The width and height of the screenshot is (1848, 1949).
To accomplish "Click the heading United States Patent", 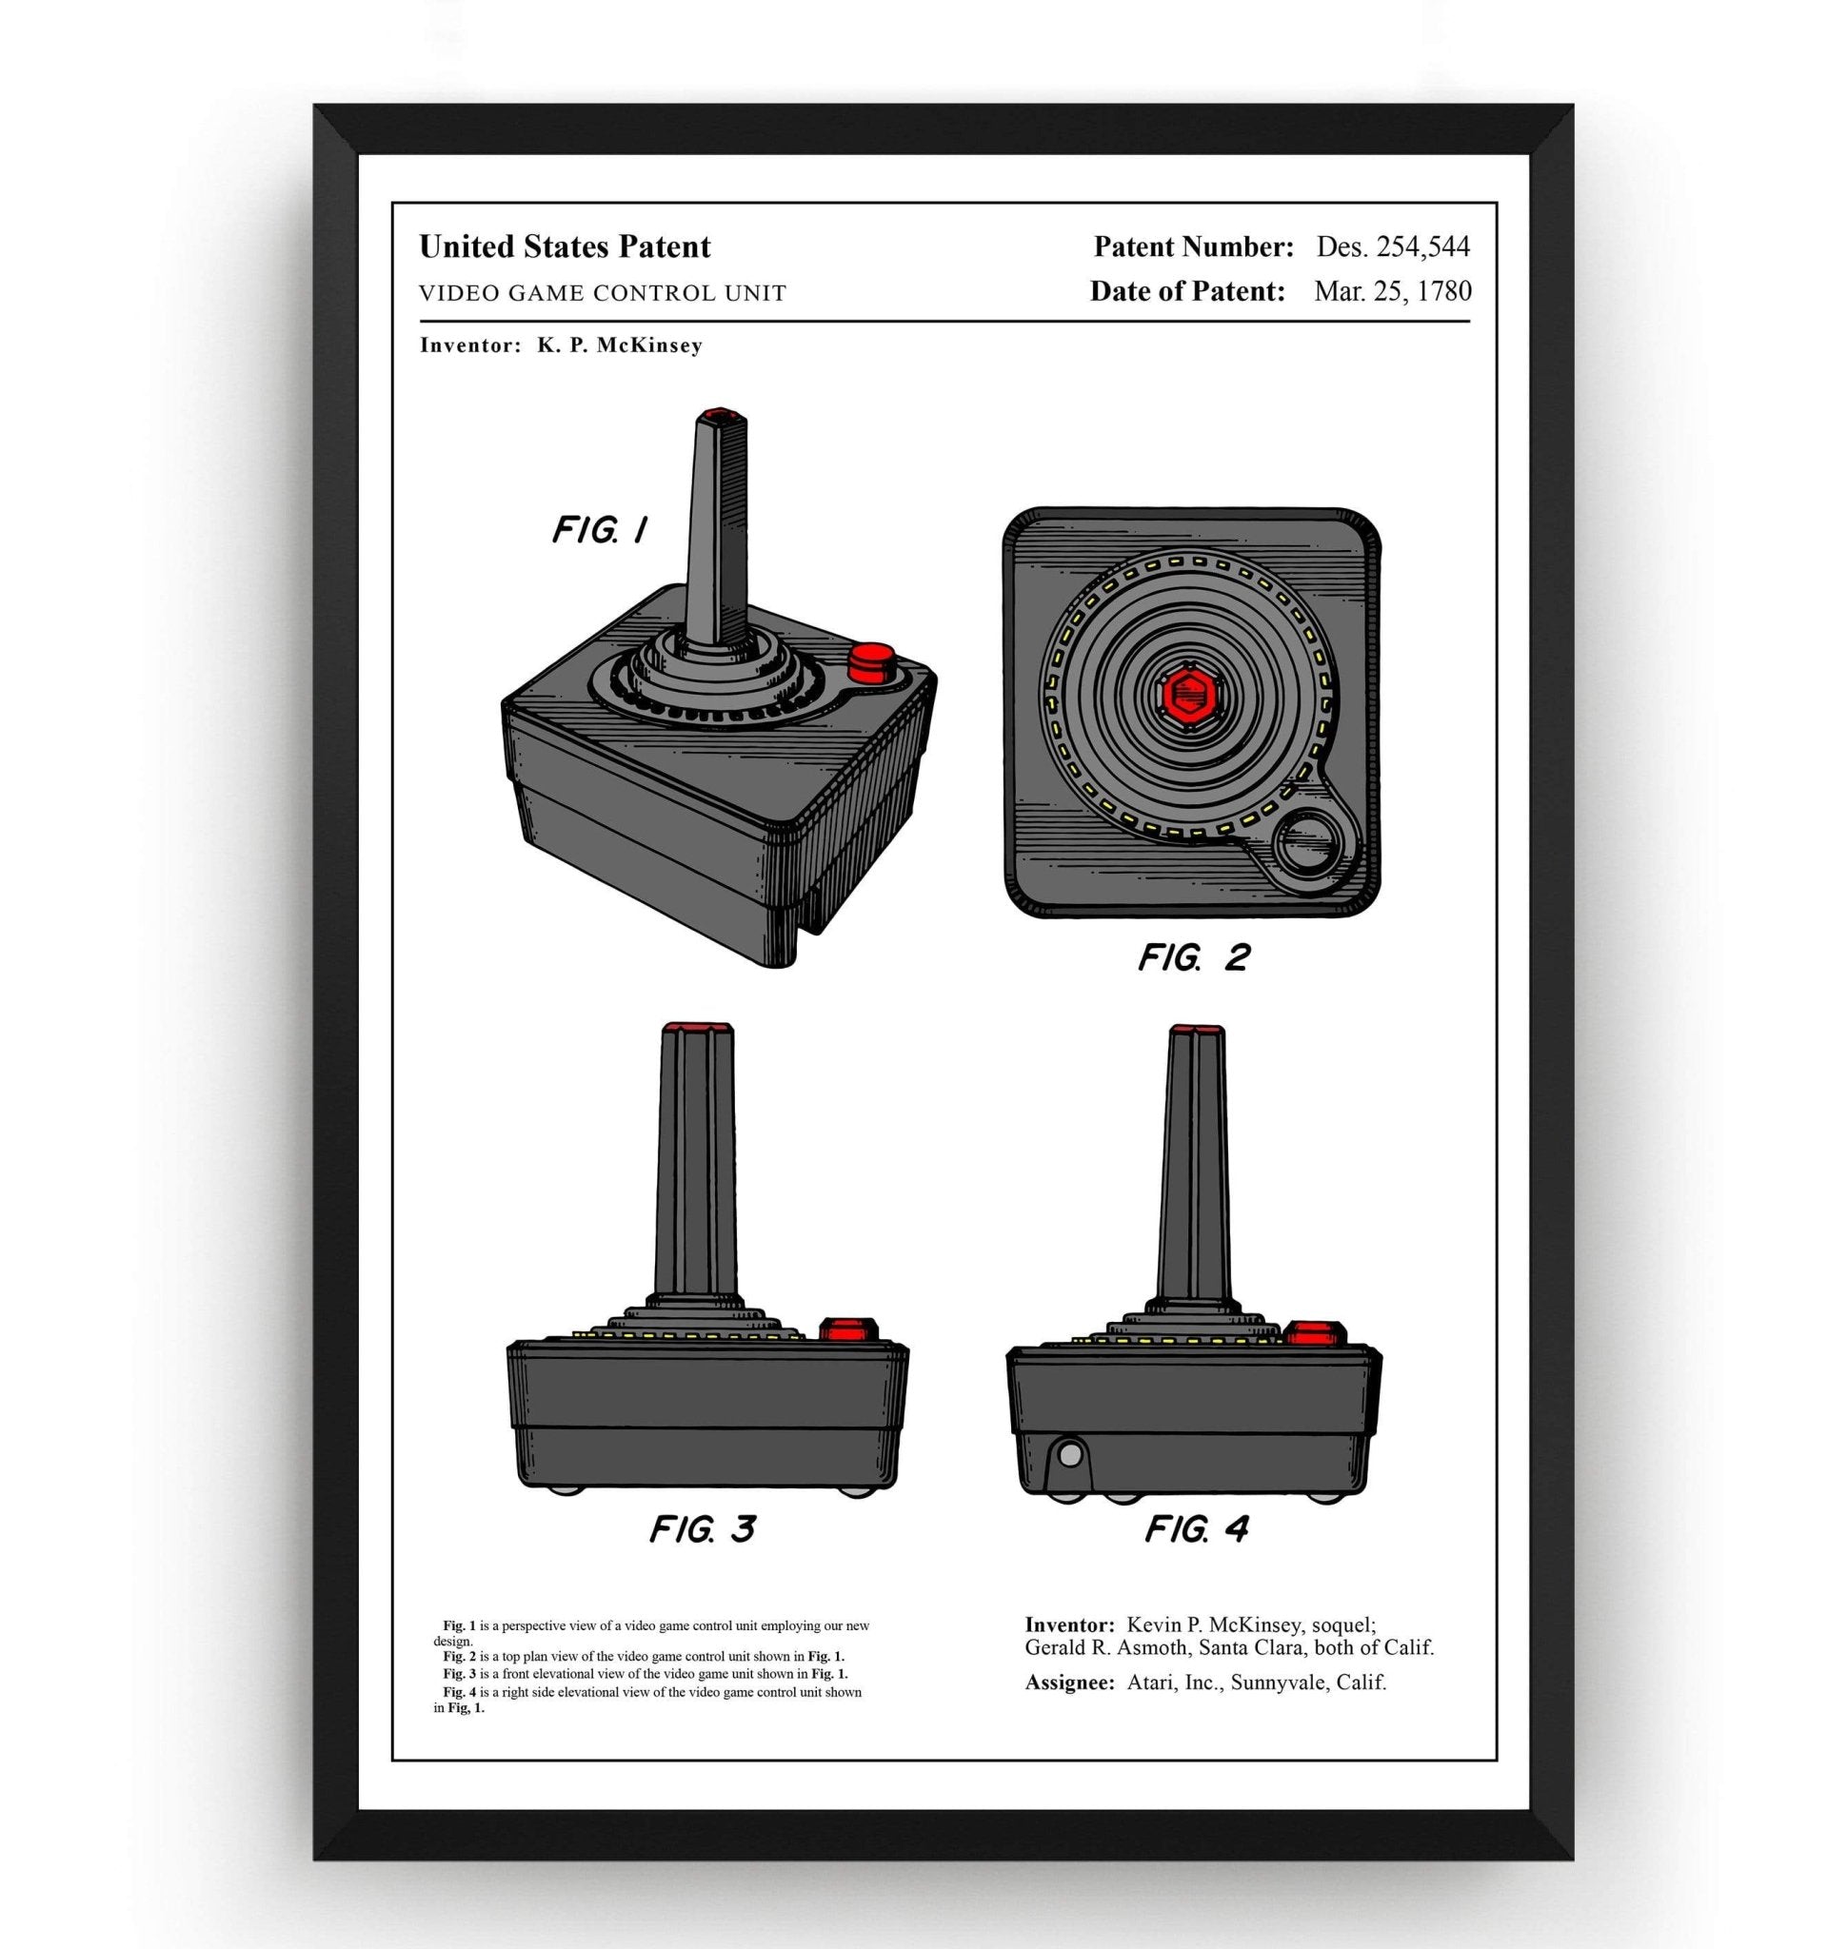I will [x=565, y=246].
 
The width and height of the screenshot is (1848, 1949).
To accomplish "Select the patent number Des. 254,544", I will [x=1393, y=246].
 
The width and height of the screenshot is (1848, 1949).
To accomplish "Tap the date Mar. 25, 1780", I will [x=1392, y=291].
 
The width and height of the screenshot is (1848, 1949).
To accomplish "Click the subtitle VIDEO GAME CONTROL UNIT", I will [x=602, y=293].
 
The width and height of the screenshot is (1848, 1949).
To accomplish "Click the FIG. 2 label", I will [x=1194, y=956].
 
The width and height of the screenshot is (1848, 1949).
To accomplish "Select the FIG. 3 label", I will [x=703, y=1528].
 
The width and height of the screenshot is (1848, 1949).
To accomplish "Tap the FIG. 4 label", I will [x=1196, y=1528].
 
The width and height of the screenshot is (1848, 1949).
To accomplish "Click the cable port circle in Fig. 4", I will [x=1069, y=1451].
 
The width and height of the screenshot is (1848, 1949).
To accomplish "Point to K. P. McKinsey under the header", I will [x=619, y=345].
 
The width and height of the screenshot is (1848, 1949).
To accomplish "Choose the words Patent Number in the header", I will [x=1193, y=246].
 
